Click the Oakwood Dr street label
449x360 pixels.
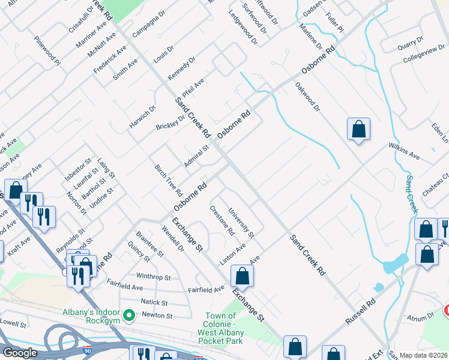308,97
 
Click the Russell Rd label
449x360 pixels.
360,310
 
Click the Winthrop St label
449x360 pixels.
154,278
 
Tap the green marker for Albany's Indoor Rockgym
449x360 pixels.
128,315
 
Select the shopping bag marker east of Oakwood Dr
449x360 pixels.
358,129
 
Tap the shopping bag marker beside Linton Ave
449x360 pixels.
242,276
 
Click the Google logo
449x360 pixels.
20,353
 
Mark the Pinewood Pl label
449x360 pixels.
47,52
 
